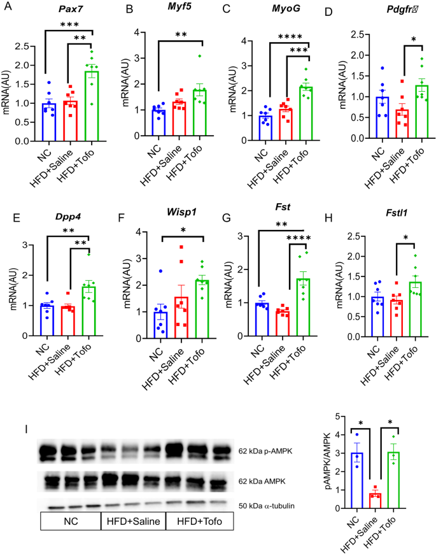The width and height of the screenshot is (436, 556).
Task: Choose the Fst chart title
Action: point(282,217)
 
